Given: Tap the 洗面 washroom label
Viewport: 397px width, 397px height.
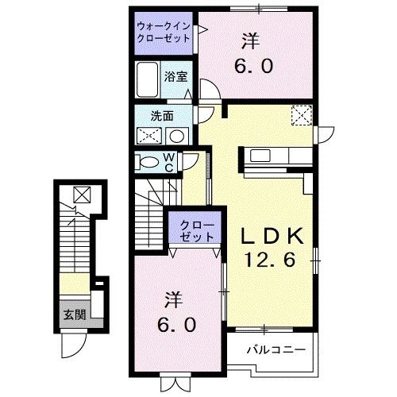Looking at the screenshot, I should click(x=163, y=114).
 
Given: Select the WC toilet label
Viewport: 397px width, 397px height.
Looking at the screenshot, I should click(x=169, y=161).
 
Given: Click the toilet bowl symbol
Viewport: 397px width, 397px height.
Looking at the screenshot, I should click(x=148, y=162).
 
